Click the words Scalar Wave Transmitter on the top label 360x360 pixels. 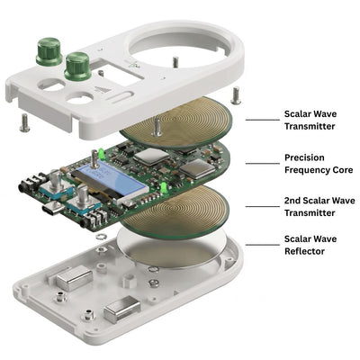[310, 120]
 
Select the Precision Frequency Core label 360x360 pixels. [319, 164]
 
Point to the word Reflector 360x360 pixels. [304, 251]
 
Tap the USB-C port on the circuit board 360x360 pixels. [53, 208]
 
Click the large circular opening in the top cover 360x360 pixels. [179, 49]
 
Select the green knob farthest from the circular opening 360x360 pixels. [49, 51]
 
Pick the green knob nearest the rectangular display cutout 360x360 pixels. [77, 67]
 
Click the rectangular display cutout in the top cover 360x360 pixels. [120, 73]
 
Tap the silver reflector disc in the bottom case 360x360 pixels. [172, 248]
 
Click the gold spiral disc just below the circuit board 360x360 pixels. [177, 211]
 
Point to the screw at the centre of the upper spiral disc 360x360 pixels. [156, 128]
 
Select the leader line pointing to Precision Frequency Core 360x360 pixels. [263, 164]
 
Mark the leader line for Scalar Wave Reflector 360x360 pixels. [263, 245]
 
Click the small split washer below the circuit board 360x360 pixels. [101, 237]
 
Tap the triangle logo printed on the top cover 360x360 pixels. [99, 90]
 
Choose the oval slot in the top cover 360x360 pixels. [121, 95]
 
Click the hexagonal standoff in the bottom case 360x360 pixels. [128, 280]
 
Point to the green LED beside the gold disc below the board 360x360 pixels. [164, 187]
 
